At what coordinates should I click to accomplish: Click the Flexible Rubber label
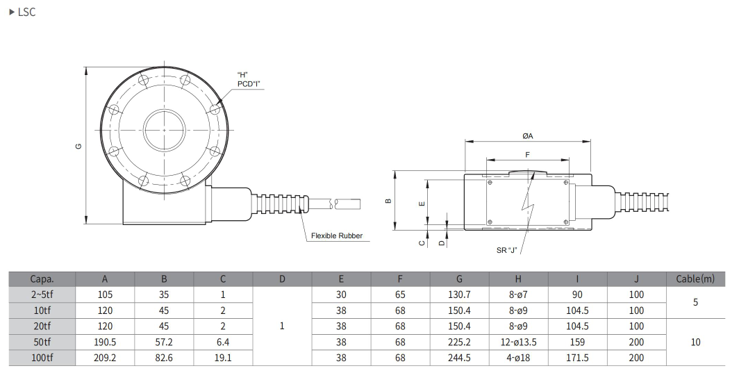336,236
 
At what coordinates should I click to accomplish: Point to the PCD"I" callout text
248,83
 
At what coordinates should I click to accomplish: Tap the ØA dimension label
528,136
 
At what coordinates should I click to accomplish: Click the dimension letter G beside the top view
78,147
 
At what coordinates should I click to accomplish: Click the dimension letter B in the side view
388,201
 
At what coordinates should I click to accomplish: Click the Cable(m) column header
695,279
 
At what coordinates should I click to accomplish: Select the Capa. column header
42,279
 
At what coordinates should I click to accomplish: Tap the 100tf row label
42,358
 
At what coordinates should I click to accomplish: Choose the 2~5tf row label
42,295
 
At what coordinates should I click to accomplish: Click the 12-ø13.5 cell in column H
518,342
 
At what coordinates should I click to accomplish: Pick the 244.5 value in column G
459,358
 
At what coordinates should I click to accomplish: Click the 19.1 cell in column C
223,358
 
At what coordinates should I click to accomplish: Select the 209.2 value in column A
105,358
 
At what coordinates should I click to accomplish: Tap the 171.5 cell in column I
577,358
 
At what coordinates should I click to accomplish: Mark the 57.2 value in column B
164,342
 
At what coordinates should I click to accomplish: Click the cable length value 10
695,342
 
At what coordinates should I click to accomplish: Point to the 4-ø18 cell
518,358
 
